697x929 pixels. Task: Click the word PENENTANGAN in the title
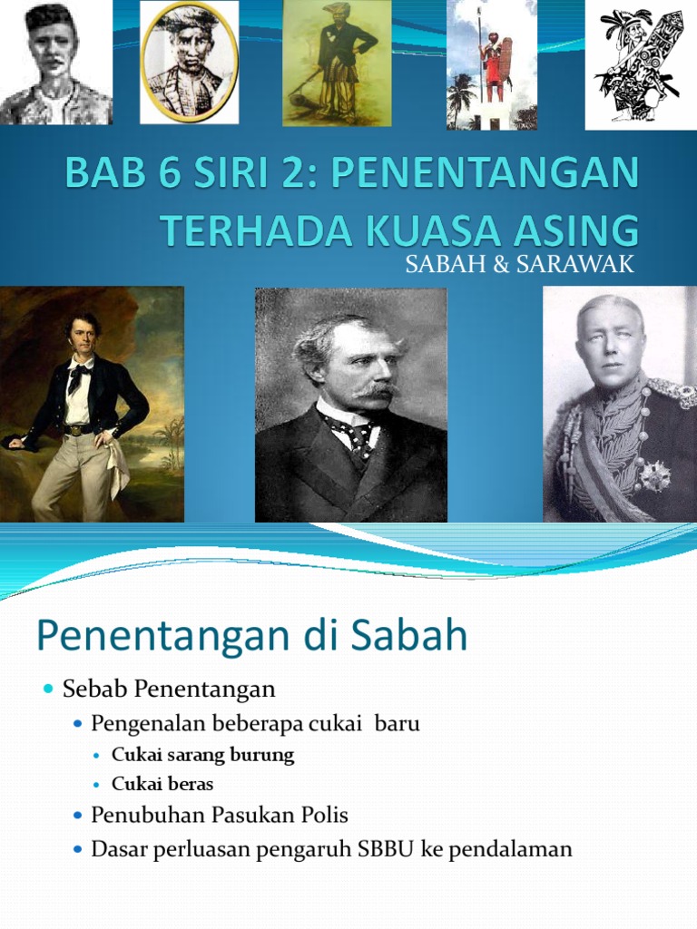(x=486, y=171)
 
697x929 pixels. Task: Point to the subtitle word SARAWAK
(x=574, y=264)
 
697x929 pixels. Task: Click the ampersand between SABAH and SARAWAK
(x=501, y=264)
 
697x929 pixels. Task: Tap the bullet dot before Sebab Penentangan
(x=49, y=689)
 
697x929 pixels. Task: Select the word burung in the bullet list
(x=262, y=756)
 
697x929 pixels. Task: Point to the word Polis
(x=324, y=816)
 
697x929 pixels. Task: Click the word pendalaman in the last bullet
(x=510, y=849)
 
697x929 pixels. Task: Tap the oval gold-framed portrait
(x=189, y=62)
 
